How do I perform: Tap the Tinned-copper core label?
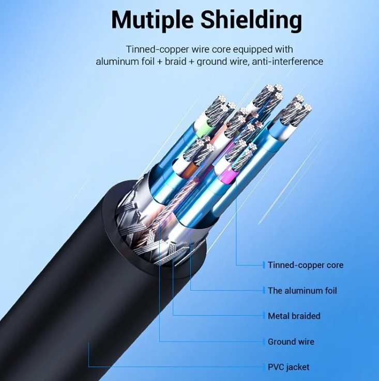pyautogui.click(x=305, y=265)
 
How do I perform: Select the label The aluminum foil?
pyautogui.click(x=302, y=290)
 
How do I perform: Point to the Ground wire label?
pyautogui.click(x=291, y=342)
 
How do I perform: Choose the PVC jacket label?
pyautogui.click(x=288, y=367)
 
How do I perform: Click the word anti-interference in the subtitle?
pyautogui.click(x=287, y=62)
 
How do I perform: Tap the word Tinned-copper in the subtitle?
pyautogui.click(x=154, y=49)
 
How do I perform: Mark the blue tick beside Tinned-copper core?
pyautogui.click(x=264, y=265)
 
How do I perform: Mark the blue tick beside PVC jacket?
pyautogui.click(x=264, y=367)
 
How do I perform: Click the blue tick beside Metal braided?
pyautogui.click(x=264, y=316)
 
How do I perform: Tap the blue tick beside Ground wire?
pyautogui.click(x=264, y=342)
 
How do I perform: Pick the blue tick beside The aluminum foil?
pyautogui.click(x=264, y=290)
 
